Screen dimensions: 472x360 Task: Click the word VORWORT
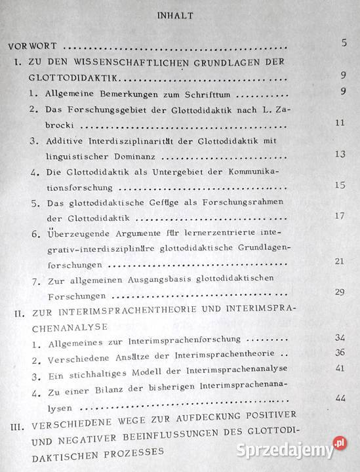[33, 47]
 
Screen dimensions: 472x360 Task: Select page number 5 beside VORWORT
[344, 44]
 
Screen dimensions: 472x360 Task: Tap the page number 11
[339, 123]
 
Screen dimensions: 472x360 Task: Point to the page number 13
[339, 154]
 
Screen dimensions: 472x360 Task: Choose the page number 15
[339, 186]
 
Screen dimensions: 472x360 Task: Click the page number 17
[339, 216]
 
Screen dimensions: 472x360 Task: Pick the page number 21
[339, 262]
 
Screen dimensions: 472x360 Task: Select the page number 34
[339, 338]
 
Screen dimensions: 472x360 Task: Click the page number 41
[339, 369]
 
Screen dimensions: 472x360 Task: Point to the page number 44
[339, 398]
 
